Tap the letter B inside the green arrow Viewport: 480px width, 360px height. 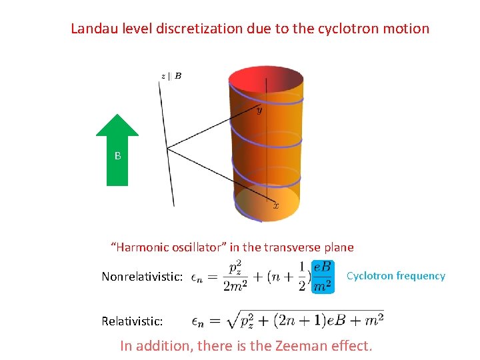117,156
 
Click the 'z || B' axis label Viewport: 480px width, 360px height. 171,76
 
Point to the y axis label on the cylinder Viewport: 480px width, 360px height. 259,111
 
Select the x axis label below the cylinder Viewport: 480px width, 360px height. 276,207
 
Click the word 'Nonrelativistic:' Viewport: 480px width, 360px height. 142,277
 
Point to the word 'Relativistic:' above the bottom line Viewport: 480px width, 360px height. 132,321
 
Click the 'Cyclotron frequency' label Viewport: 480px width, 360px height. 396,276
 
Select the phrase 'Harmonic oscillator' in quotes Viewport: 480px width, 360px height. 165,247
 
